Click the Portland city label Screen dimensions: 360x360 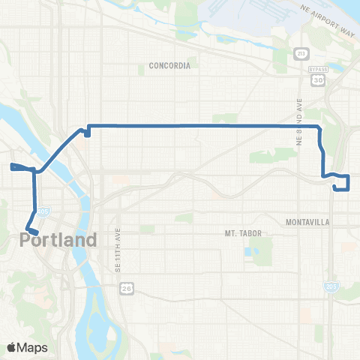tap(58, 241)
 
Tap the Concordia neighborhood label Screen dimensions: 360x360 tap(170, 65)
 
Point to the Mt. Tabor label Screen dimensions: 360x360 tap(243, 233)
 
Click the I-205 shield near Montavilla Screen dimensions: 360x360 tap(329, 286)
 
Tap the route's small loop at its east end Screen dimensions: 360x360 tap(341, 182)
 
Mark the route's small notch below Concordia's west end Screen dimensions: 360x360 tap(87, 133)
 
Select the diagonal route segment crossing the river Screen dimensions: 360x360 tap(56, 151)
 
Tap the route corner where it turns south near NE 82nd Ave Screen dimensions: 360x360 tap(320, 127)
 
